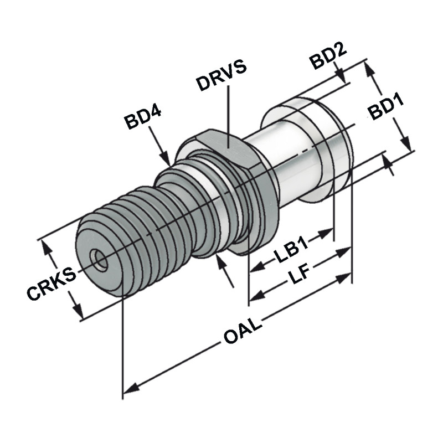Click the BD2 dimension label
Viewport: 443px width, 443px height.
click(328, 56)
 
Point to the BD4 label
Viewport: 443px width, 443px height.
click(142, 118)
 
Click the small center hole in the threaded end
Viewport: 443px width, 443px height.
click(100, 259)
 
